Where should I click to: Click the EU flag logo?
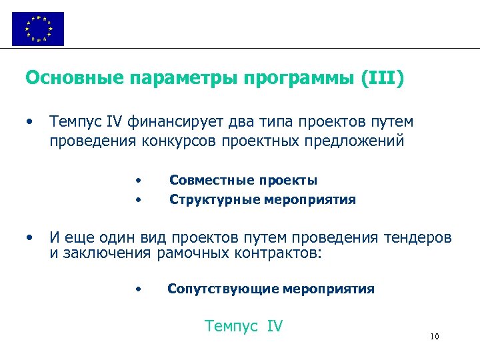pyautogui.click(x=38, y=29)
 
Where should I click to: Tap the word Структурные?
pyautogui.click(x=207, y=199)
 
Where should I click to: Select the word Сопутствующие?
pyautogui.click(x=223, y=289)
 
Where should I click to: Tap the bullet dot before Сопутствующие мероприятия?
pyautogui.click(x=137, y=289)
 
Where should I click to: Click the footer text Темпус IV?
pyautogui.click(x=244, y=326)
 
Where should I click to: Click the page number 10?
pyautogui.click(x=435, y=337)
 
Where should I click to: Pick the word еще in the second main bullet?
pyautogui.click(x=80, y=238)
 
